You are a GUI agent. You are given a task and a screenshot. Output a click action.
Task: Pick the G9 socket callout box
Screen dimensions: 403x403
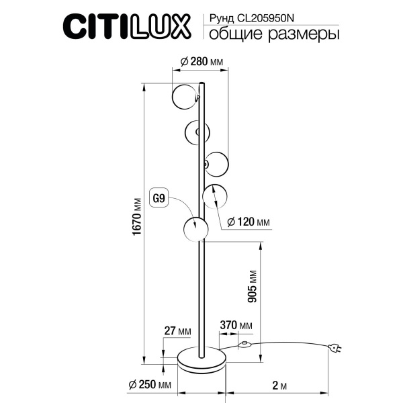click(159, 198)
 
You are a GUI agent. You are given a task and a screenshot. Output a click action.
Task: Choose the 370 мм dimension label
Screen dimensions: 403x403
click(236, 326)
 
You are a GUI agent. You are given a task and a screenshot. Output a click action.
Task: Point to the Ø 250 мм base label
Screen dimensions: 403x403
click(149, 385)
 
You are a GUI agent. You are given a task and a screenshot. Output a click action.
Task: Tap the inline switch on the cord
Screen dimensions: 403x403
click(245, 347)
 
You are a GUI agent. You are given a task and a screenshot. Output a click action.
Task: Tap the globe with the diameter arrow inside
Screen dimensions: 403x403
click(216, 196)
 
